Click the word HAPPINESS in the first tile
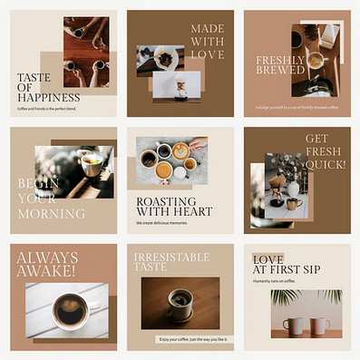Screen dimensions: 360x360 tap(49, 96)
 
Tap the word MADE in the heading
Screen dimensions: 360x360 tap(208, 29)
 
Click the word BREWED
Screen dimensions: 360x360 tap(278, 73)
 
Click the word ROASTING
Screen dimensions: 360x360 tap(167, 200)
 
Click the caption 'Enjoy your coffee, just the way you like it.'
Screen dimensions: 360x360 tap(180, 339)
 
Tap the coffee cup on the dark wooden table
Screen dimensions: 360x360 tap(181, 302)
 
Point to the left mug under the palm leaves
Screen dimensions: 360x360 tap(294, 325)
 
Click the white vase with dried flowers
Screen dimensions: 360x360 tap(292, 187)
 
